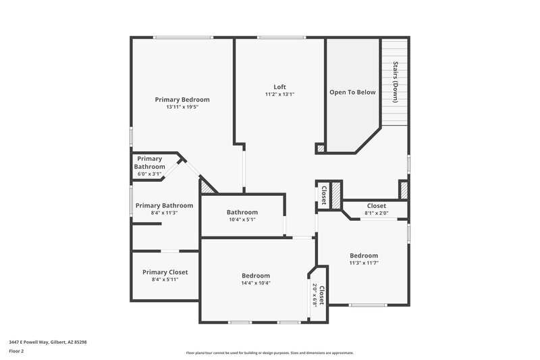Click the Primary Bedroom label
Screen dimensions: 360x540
pyautogui.click(x=182, y=99)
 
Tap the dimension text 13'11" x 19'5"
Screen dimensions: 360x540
pyautogui.click(x=182, y=107)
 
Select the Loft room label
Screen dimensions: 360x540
pyautogui.click(x=279, y=86)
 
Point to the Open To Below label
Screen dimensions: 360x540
pyautogui.click(x=352, y=93)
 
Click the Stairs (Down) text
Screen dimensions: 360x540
pyautogui.click(x=396, y=82)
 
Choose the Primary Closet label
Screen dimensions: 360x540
pyautogui.click(x=165, y=272)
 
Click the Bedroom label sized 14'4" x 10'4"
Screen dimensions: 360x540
pyautogui.click(x=256, y=276)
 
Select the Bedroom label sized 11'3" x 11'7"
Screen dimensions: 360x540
pyautogui.click(x=364, y=255)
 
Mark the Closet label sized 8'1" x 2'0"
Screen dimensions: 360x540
pyautogui.click(x=376, y=206)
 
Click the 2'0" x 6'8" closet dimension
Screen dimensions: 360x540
pyautogui.click(x=315, y=295)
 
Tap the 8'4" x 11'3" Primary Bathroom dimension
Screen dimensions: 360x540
pyautogui.click(x=164, y=213)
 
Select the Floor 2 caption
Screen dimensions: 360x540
pyautogui.click(x=17, y=351)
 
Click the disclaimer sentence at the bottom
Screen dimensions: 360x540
pyautogui.click(x=269, y=353)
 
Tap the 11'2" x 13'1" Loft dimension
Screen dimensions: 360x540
pyautogui.click(x=279, y=94)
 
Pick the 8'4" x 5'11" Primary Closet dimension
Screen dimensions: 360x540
pyautogui.click(x=165, y=280)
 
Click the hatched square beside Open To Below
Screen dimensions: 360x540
pyautogui.click(x=320, y=148)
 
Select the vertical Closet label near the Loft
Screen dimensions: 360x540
pyautogui.click(x=323, y=195)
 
